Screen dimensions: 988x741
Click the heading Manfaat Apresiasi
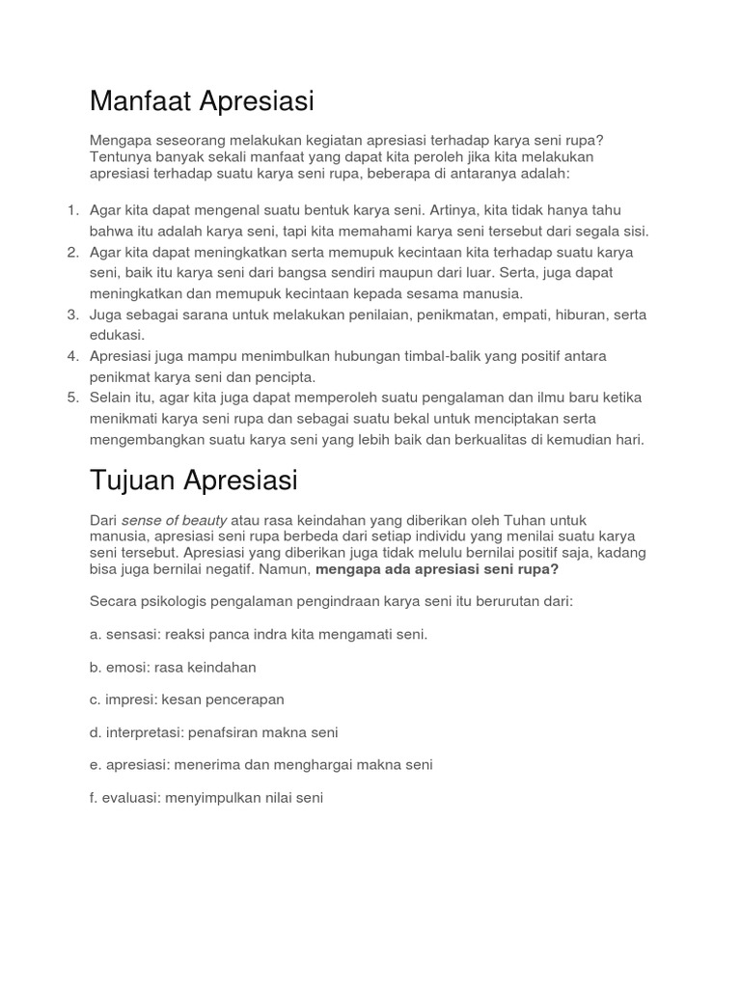pyautogui.click(x=202, y=100)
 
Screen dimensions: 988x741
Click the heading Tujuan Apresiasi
pyautogui.click(x=193, y=480)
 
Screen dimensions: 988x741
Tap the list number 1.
pyautogui.click(x=72, y=210)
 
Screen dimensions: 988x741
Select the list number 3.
pyautogui.click(x=72, y=315)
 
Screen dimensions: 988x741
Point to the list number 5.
pyautogui.click(x=72, y=398)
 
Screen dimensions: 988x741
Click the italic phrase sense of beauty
pyautogui.click(x=174, y=520)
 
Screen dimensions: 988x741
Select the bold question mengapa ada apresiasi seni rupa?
pyautogui.click(x=437, y=569)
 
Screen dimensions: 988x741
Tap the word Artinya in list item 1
pyautogui.click(x=429, y=210)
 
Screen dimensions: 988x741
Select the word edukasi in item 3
pyautogui.click(x=117, y=335)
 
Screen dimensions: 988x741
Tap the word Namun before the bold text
pyautogui.click(x=285, y=569)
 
